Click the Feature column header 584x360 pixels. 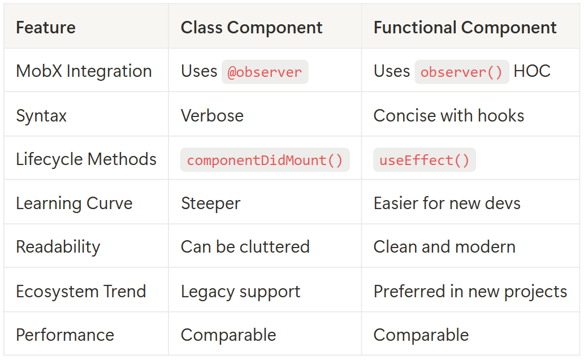pyautogui.click(x=45, y=28)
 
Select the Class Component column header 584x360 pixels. pyautogui.click(x=252, y=28)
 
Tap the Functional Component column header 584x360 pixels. pyautogui.click(x=465, y=28)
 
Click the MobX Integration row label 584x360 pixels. pyautogui.click(x=84, y=71)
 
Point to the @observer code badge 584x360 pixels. pyautogui.click(x=265, y=72)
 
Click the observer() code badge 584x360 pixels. pyautogui.click(x=461, y=72)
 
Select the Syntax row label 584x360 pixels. pyautogui.click(x=41, y=116)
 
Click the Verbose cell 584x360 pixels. pyautogui.click(x=212, y=116)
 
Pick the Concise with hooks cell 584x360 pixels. pyautogui.click(x=449, y=116)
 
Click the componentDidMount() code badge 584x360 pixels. pyautogui.click(x=265, y=160)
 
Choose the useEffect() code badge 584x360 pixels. pyautogui.click(x=424, y=160)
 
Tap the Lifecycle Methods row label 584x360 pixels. pyautogui.click(x=86, y=159)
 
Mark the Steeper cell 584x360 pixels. pyautogui.click(x=210, y=203)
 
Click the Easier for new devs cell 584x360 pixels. pyautogui.click(x=447, y=203)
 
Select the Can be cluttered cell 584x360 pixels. pyautogui.click(x=245, y=247)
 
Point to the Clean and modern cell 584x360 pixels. pyautogui.click(x=444, y=247)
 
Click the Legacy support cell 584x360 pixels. pyautogui.click(x=240, y=292)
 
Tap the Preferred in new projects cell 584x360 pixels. pyautogui.click(x=470, y=292)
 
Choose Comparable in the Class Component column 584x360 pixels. pyautogui.click(x=228, y=335)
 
